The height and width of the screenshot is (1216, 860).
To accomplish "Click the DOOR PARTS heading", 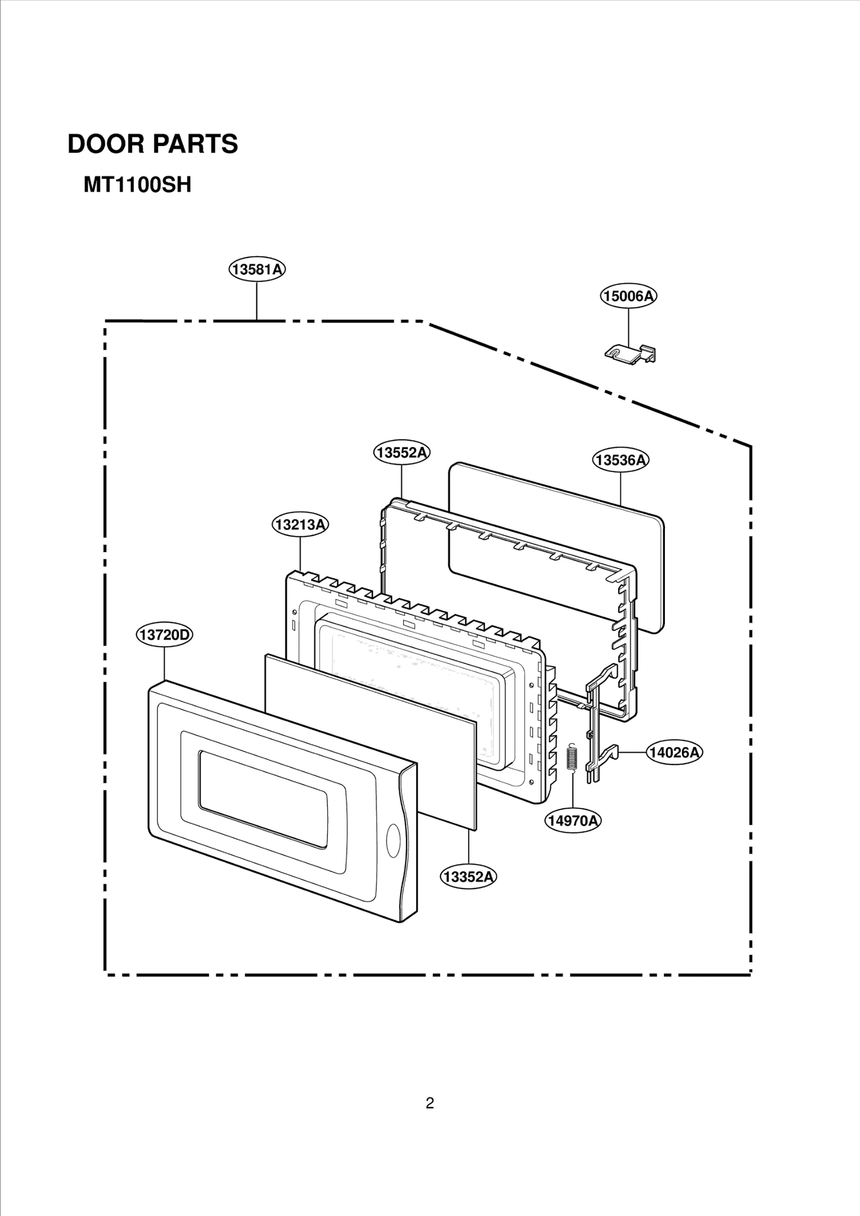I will (x=153, y=144).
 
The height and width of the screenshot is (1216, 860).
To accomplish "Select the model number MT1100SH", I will (x=137, y=186).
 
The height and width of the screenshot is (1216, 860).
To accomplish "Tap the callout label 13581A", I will (x=257, y=269).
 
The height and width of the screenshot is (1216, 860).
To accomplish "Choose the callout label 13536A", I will (x=621, y=460).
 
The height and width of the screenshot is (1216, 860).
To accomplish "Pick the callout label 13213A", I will (x=300, y=524).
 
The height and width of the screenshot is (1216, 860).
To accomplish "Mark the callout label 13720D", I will (x=164, y=635).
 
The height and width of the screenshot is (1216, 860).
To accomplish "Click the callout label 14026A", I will (x=674, y=752).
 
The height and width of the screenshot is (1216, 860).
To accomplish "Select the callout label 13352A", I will (x=469, y=877).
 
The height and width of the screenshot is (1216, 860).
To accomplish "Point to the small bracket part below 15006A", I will (x=631, y=354).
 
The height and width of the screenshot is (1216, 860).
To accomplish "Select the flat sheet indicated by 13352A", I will (x=371, y=741).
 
